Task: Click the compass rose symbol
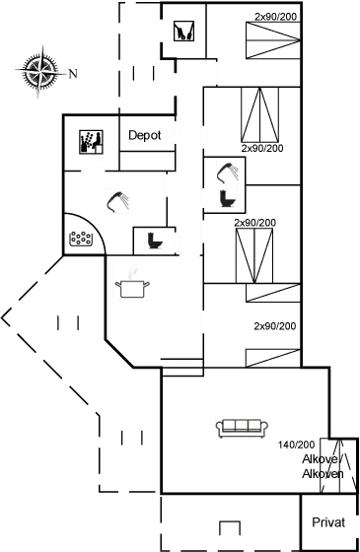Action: [39, 72]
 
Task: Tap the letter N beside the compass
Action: [73, 74]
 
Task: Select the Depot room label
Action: [145, 136]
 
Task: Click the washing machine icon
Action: [182, 33]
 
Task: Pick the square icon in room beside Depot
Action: [91, 141]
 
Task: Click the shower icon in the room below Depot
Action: [118, 199]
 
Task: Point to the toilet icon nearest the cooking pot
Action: [153, 240]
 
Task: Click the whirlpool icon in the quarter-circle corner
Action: [79, 237]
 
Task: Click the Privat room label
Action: [327, 521]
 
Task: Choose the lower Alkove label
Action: [321, 474]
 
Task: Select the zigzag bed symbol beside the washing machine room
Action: [266, 39]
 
